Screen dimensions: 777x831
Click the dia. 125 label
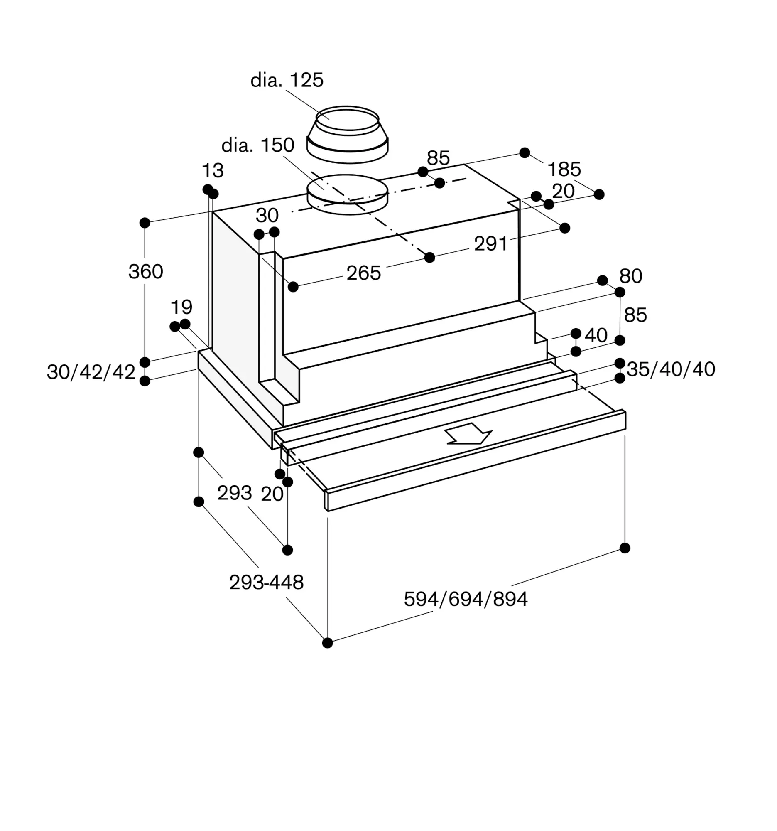tap(287, 80)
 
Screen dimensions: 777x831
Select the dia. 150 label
tap(258, 145)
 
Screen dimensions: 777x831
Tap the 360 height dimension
tap(145, 272)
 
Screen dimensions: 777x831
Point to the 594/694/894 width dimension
tap(466, 599)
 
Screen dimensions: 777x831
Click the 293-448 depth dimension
tap(267, 582)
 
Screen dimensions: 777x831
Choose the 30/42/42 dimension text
tap(91, 371)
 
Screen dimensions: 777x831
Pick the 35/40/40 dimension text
tap(671, 369)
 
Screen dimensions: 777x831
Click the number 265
tap(363, 273)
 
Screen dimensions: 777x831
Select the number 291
tap(491, 244)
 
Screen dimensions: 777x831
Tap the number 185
tap(564, 169)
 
